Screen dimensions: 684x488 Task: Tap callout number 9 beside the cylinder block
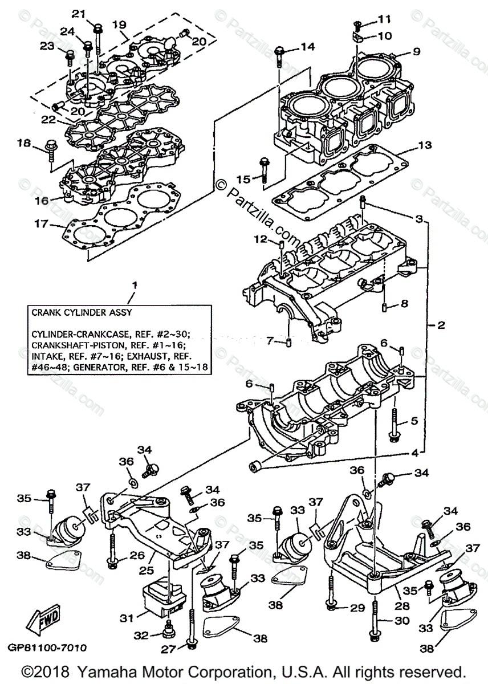(x=416, y=52)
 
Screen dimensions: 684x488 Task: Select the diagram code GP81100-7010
(x=47, y=648)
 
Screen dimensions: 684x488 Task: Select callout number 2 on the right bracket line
(x=441, y=327)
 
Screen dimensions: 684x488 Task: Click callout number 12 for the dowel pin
(x=260, y=239)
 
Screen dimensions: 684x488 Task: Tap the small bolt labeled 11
(x=356, y=24)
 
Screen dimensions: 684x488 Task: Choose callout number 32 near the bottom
(x=142, y=634)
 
